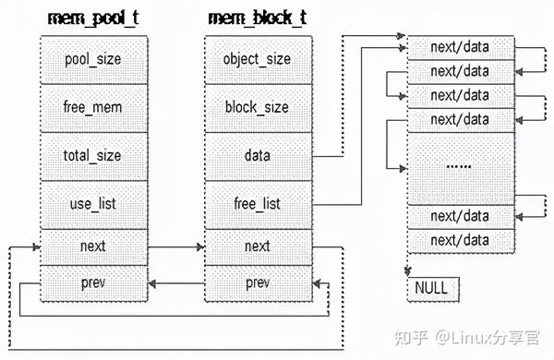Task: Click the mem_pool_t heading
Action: click(92, 18)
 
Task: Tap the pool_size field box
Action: click(92, 60)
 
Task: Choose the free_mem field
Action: click(92, 108)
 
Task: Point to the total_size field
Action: click(92, 155)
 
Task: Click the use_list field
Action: click(92, 202)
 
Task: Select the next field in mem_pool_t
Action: click(92, 246)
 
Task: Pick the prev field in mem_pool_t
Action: click(92, 281)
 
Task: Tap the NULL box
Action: click(430, 288)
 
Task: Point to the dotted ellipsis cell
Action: click(459, 167)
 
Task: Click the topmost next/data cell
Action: click(459, 46)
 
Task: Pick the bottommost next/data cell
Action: click(459, 239)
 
